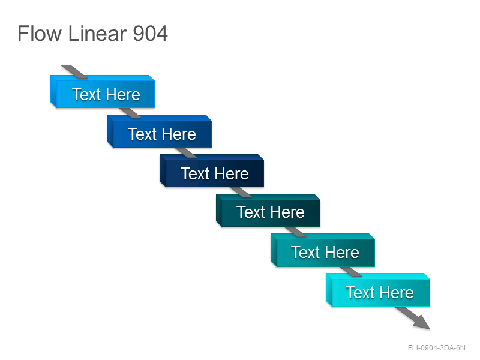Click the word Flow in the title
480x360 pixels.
(40, 33)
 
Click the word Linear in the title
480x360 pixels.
(97, 33)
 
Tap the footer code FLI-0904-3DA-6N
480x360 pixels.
(437, 348)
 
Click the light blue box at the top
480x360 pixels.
(103, 92)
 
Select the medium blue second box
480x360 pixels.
(160, 131)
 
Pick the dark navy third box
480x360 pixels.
(212, 171)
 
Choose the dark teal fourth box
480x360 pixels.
(268, 211)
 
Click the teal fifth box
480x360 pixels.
(323, 250)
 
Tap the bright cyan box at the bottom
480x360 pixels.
(378, 290)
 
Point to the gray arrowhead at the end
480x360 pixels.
(423, 323)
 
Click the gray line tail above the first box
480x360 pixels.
(74, 71)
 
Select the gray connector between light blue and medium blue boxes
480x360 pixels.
(130, 113)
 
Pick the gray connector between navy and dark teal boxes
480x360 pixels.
(241, 192)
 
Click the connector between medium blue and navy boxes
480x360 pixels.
(186, 152)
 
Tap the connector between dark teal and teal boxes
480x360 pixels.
(295, 232)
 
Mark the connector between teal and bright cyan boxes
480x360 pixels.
(350, 272)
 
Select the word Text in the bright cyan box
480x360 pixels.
(361, 293)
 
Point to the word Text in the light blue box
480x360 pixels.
(86, 94)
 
